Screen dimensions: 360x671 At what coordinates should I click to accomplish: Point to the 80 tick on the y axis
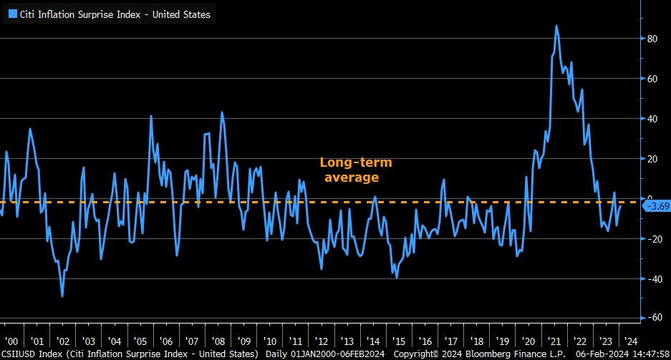(x=653, y=39)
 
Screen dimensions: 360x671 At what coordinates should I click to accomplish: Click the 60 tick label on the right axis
(x=653, y=79)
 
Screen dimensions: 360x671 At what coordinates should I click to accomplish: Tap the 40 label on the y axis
(x=653, y=119)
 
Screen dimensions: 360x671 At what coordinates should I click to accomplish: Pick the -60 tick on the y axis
(x=653, y=318)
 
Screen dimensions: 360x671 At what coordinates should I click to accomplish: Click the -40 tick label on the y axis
(x=653, y=278)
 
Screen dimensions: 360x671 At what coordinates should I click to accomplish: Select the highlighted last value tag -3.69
(x=657, y=207)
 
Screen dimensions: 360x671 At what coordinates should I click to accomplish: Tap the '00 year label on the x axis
(x=11, y=341)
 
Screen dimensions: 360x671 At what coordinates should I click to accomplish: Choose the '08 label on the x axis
(x=218, y=341)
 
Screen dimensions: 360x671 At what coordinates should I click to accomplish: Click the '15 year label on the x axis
(x=399, y=341)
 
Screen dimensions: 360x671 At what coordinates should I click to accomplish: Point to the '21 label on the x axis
(x=554, y=341)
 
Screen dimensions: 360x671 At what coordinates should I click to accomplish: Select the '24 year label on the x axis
(x=632, y=341)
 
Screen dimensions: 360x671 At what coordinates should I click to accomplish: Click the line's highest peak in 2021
(x=556, y=26)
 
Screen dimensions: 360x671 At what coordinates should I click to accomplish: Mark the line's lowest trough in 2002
(x=62, y=296)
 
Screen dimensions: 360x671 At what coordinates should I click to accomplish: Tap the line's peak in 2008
(x=221, y=112)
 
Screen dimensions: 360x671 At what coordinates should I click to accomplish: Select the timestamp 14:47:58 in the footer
(x=646, y=354)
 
